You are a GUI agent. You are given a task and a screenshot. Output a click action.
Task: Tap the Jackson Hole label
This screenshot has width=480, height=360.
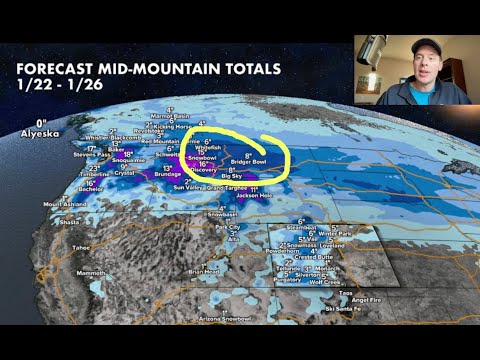click(254, 195)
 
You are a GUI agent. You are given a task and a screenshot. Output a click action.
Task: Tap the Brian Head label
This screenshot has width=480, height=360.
click(204, 270)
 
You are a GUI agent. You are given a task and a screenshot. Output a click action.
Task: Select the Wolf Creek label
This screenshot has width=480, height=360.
click(330, 283)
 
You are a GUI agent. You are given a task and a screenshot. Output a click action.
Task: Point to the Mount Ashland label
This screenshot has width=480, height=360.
click(62, 204)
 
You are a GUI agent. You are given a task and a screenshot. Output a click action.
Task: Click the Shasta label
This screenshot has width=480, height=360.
click(70, 222)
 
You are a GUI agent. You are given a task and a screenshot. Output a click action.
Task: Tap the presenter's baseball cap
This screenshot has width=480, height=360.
click(425, 47)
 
